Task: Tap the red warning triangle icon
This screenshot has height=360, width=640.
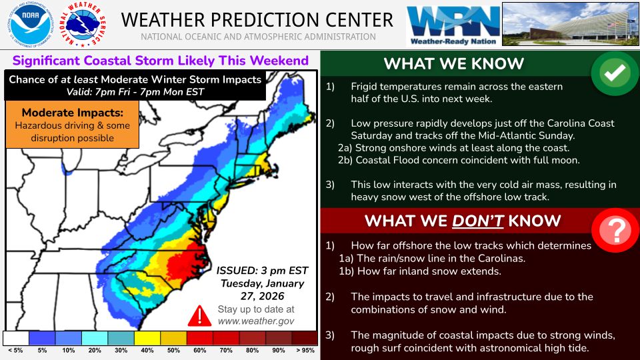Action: point(199,315)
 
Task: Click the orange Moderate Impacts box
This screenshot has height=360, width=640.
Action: point(72,124)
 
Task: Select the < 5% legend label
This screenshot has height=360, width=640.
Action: point(15,351)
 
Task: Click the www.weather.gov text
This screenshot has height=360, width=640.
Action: point(255,321)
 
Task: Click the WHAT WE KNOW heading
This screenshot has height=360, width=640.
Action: point(453,64)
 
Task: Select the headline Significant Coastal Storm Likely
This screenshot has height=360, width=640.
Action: point(160,61)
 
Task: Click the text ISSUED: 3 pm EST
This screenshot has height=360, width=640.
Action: point(263,270)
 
